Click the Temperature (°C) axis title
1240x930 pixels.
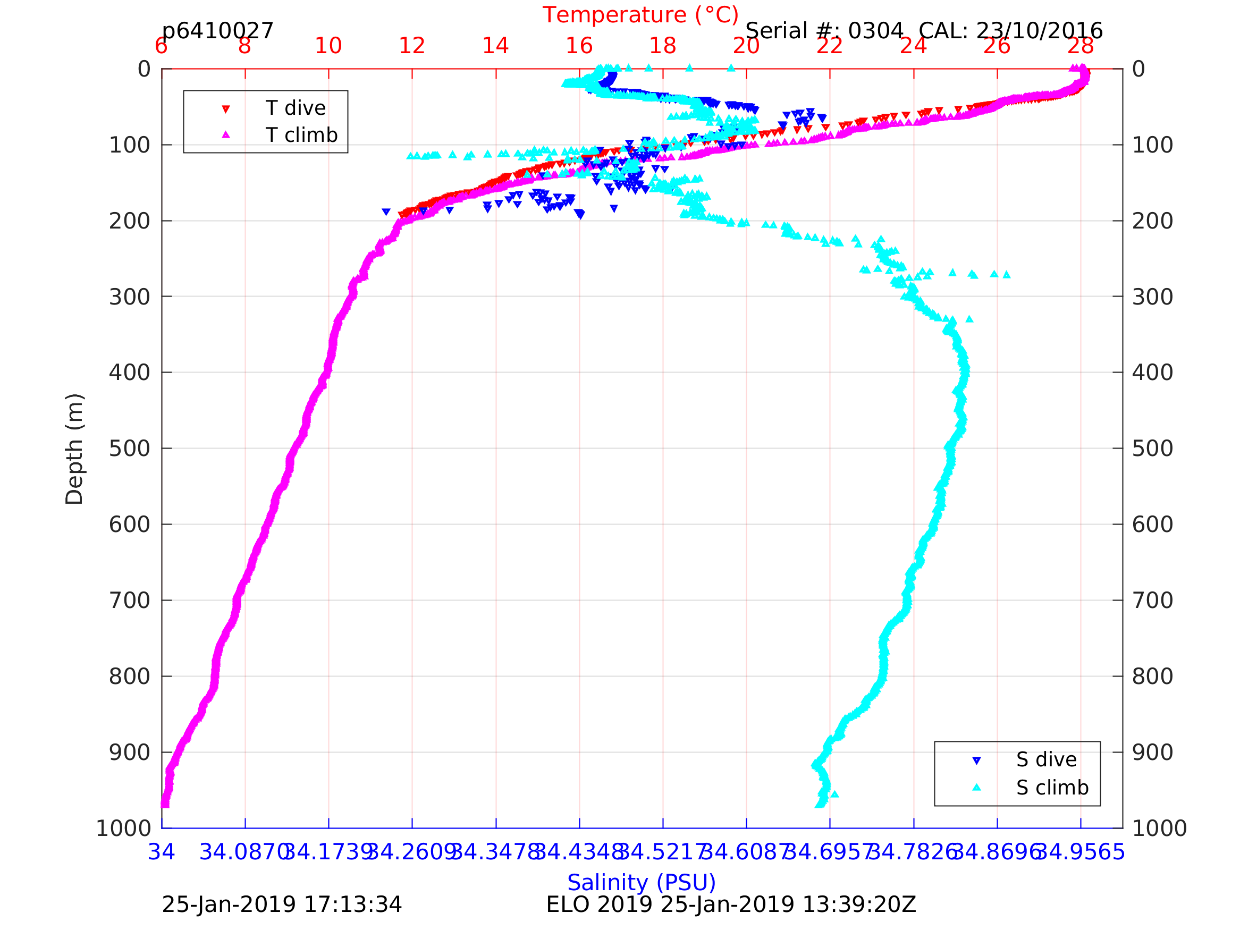pyautogui.click(x=640, y=15)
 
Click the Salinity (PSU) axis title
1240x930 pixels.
pyautogui.click(x=642, y=882)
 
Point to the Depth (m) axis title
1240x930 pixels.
pyautogui.click(x=74, y=449)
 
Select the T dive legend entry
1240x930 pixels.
pyautogui.click(x=295, y=108)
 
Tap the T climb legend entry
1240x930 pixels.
pyautogui.click(x=301, y=135)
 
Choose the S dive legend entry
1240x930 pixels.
pyautogui.click(x=1046, y=759)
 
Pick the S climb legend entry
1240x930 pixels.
pyautogui.click(x=1052, y=788)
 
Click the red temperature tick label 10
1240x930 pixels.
pyautogui.click(x=328, y=46)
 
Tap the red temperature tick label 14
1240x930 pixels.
pyautogui.click(x=495, y=46)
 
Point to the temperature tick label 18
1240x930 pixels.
pyautogui.click(x=663, y=46)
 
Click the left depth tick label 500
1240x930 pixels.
pyautogui.click(x=130, y=449)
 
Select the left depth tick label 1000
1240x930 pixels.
pyautogui.click(x=123, y=828)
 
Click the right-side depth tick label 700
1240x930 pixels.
pyautogui.click(x=1152, y=601)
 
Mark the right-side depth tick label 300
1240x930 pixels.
pyautogui.click(x=1152, y=297)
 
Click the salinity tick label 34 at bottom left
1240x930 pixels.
pyautogui.click(x=162, y=852)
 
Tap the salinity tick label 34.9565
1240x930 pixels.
pyautogui.click(x=1080, y=852)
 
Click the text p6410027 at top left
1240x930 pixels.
pyautogui.click(x=217, y=31)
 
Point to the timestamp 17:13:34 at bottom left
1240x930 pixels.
pyautogui.click(x=352, y=905)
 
